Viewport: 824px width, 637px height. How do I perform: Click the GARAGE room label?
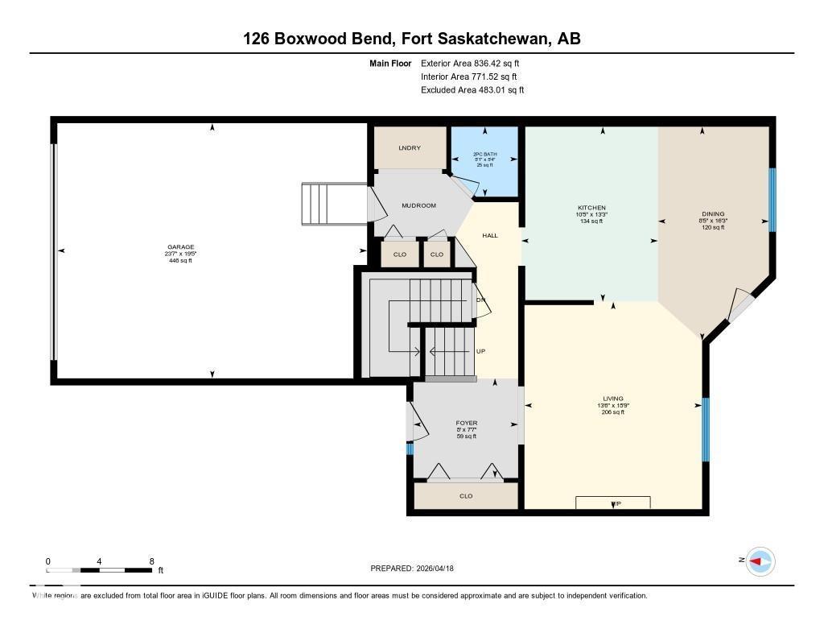tap(179, 247)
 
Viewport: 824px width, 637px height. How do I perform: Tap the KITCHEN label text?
tap(591, 208)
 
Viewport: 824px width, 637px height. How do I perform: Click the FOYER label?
tap(466, 423)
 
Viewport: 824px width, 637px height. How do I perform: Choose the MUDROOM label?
tap(418, 205)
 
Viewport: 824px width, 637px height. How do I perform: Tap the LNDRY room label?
tap(410, 148)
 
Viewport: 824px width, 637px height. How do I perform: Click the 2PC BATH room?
tap(484, 159)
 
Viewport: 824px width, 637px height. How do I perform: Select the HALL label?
tap(489, 235)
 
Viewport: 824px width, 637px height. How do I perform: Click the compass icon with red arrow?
tap(760, 561)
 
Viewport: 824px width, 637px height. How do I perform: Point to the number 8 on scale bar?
tap(151, 561)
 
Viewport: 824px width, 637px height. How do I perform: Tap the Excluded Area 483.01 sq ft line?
tap(472, 90)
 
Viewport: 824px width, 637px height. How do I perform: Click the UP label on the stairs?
tap(480, 351)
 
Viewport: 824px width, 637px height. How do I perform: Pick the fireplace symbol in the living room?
tap(613, 503)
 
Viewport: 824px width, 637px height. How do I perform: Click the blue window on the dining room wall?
tap(772, 199)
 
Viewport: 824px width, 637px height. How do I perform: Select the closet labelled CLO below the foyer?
tap(466, 496)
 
